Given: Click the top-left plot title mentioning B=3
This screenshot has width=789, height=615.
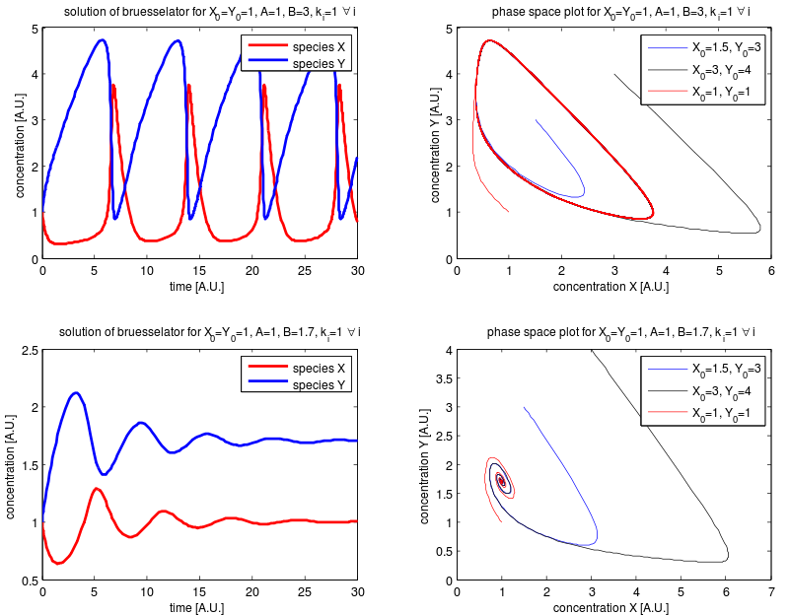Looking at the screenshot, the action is [209, 12].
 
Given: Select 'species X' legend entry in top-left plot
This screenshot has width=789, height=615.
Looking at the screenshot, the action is [319, 46].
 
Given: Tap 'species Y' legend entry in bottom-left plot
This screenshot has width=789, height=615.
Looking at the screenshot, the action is [319, 385].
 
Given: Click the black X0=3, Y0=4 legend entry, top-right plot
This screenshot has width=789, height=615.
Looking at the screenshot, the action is [721, 70].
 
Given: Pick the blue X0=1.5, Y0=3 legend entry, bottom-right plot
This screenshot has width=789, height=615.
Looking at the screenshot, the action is [726, 370].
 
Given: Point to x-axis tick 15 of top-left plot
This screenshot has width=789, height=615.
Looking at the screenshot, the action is [199, 270].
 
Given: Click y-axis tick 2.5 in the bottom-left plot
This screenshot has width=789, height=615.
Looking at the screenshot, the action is [30, 350].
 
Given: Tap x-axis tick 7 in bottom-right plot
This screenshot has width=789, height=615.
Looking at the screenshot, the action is [771, 592].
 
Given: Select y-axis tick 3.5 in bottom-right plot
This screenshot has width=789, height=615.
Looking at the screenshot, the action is [444, 378].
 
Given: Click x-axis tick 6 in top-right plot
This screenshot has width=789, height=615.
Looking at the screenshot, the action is [771, 270].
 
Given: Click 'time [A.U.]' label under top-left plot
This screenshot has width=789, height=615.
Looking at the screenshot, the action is [196, 287].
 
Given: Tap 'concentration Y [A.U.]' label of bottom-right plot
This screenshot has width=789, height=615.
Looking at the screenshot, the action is [425, 465].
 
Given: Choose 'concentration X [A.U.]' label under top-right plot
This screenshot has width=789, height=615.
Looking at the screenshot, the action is [610, 287].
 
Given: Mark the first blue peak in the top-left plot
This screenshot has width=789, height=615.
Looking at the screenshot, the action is [103, 39].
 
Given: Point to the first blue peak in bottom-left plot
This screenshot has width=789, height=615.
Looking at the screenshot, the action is [76, 392].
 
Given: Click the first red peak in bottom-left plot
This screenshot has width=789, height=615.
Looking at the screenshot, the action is [96, 488].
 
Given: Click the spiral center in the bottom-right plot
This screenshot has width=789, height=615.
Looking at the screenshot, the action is [502, 481].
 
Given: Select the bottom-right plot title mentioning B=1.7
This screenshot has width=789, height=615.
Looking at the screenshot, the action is [621, 332].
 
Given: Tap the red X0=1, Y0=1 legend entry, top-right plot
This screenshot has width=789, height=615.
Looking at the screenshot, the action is [721, 92].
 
